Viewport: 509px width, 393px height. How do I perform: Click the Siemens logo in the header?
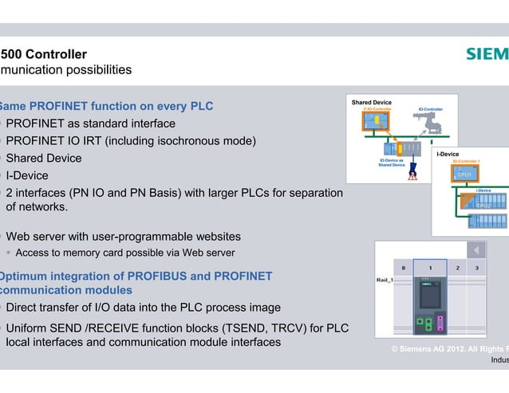coord(487,54)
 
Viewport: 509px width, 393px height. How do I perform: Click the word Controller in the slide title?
coord(57,54)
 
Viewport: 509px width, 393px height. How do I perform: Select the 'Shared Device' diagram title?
coord(371,103)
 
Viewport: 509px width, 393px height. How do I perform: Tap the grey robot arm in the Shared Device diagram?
coord(432,122)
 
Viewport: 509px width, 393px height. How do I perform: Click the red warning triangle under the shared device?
coord(412,175)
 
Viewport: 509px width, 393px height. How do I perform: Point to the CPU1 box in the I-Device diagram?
coord(464,174)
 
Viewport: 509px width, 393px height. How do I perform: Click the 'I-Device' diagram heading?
coord(448,154)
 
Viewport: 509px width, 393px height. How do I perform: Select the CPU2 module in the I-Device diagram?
coord(483,205)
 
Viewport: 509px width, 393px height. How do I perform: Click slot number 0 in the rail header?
coord(404,268)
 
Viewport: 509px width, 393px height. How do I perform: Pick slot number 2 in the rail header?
coord(457,268)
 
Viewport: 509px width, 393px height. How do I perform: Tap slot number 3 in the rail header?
coord(475,268)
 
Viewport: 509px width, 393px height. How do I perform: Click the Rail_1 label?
coord(385,281)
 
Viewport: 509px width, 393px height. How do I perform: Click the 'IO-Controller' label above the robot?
coord(431,109)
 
